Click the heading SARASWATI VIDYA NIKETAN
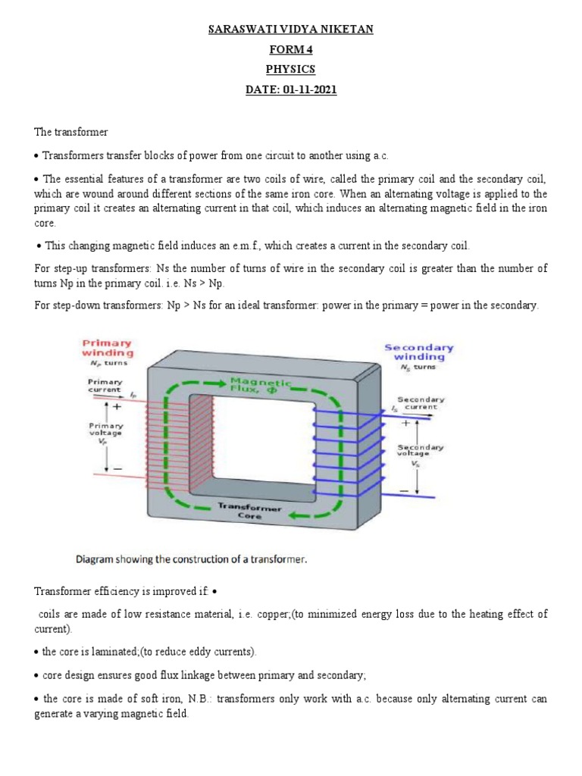pyautogui.click(x=291, y=30)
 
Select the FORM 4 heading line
pyautogui.click(x=291, y=50)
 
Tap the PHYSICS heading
pyautogui.click(x=291, y=70)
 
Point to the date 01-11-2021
pyautogui.click(x=310, y=89)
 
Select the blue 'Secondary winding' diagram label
pyautogui.click(x=418, y=352)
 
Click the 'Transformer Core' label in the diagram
pyautogui.click(x=250, y=510)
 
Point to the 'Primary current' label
pyautogui.click(x=105, y=385)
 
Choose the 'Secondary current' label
pyautogui.click(x=418, y=402)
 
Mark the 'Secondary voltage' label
pyautogui.click(x=421, y=452)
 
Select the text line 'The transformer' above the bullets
pyautogui.click(x=71, y=132)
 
